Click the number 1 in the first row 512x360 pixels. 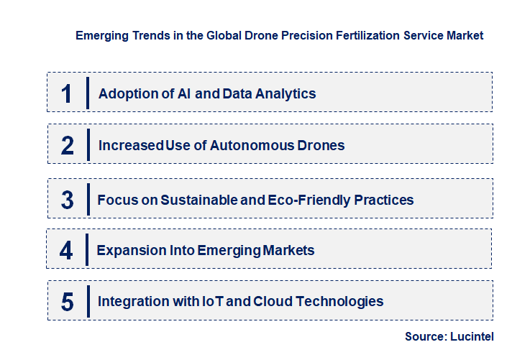[67, 93]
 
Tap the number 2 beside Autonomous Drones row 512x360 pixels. [68, 145]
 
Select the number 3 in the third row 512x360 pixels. [68, 200]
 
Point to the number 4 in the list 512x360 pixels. [67, 251]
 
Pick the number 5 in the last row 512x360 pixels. [68, 302]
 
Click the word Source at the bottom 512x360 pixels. [425, 336]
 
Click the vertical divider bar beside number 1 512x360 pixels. [87, 93]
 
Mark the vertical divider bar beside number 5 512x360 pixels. [88, 301]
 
